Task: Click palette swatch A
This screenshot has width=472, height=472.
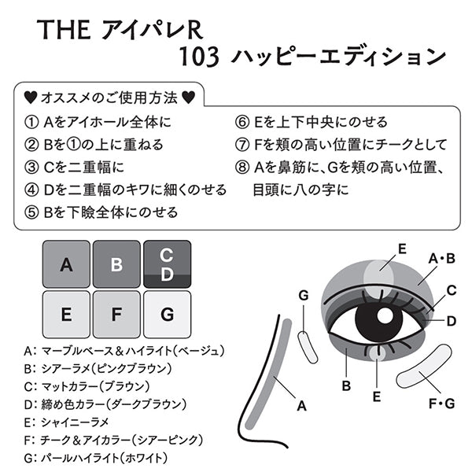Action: pos(65,264)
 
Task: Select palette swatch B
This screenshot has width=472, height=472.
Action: pos(116,264)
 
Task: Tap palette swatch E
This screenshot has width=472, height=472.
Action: pos(65,315)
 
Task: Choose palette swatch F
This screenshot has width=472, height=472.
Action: pos(116,315)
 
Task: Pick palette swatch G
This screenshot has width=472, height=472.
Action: pos(167,315)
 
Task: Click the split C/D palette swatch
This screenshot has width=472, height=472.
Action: pos(167,264)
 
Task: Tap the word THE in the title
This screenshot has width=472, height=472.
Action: pos(65,31)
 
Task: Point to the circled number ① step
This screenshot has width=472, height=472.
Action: pos(31,122)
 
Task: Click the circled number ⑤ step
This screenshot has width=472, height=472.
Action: pos(31,212)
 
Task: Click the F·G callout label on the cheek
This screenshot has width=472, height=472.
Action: pos(441,405)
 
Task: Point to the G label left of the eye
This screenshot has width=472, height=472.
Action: pos(303,295)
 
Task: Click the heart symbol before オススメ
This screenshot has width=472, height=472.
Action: pos(29,98)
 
